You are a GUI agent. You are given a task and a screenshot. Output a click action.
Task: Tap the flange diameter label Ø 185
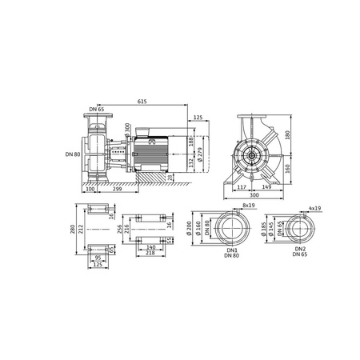coord(266,230)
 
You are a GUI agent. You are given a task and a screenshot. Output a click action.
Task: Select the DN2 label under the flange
coord(298,250)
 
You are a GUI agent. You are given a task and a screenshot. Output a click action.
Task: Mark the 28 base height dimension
coord(170,176)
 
